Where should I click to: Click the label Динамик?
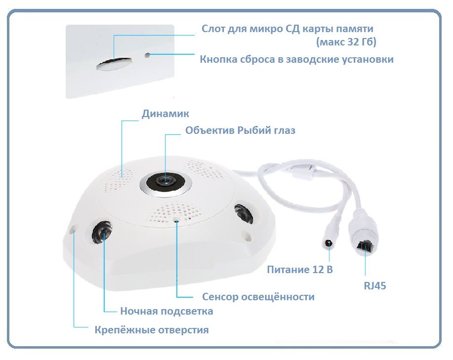click(165, 114)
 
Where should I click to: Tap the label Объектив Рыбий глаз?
click(241, 130)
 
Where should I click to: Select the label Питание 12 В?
click(300, 270)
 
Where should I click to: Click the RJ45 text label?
click(375, 286)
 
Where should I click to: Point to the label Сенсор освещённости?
click(258, 297)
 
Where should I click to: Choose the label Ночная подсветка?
click(166, 311)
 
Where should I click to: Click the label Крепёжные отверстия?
click(152, 330)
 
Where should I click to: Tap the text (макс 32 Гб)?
click(346, 42)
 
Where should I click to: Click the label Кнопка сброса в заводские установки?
click(297, 59)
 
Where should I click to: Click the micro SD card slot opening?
click(114, 64)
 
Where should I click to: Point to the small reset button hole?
click(148, 55)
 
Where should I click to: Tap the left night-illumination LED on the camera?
click(102, 233)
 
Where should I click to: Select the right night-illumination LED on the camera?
click(243, 214)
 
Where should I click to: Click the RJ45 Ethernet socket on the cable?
click(364, 246)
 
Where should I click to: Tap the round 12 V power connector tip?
click(328, 243)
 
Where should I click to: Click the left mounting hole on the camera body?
click(73, 229)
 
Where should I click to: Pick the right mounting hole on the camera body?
click(247, 235)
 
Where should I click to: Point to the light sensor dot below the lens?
click(176, 220)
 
